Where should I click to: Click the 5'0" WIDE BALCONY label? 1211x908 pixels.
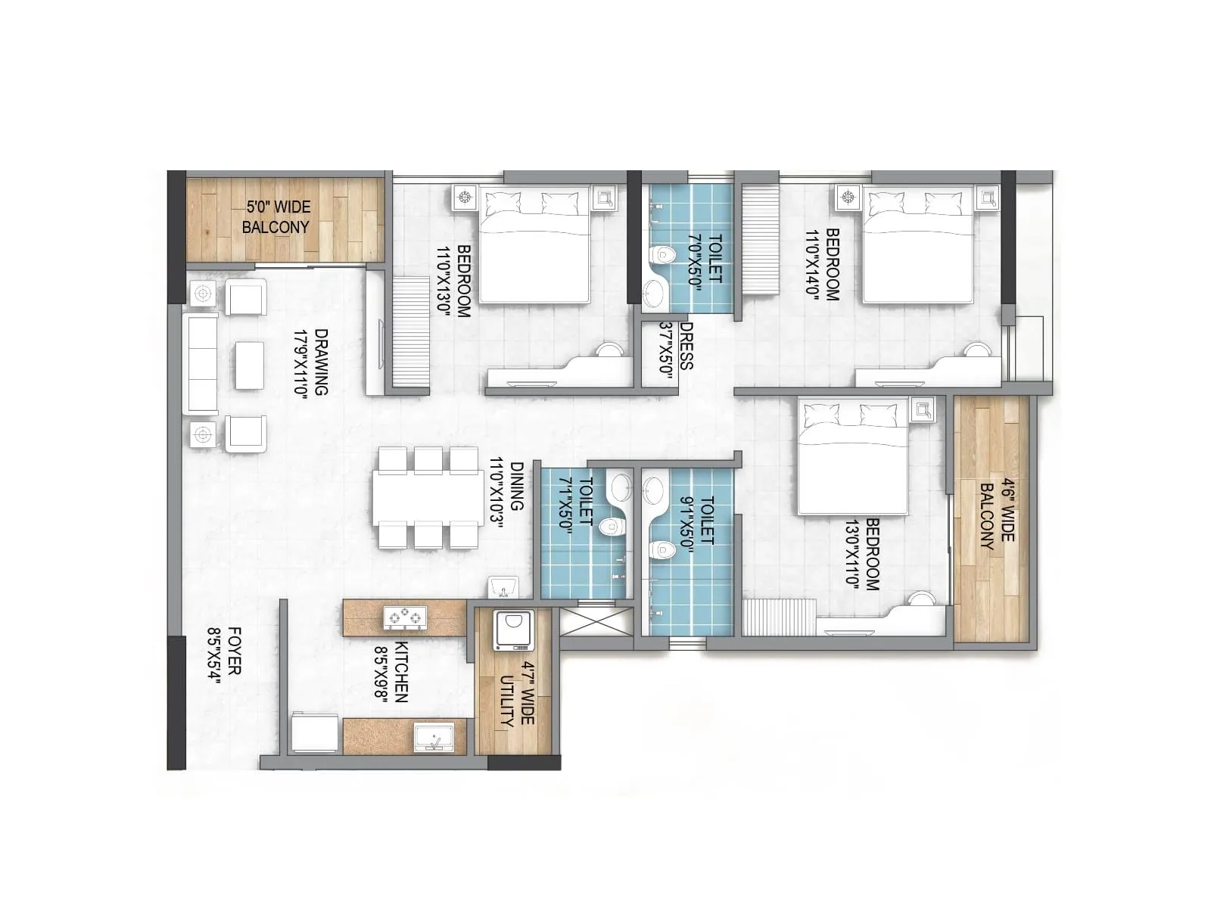pyautogui.click(x=276, y=216)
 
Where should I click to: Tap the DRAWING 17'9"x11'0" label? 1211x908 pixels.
pyautogui.click(x=310, y=362)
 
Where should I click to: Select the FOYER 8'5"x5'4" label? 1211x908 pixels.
pyautogui.click(x=225, y=655)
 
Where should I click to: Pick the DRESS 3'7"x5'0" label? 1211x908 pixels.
pyautogui.click(x=677, y=345)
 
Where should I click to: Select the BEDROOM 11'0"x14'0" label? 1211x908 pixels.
pyautogui.click(x=823, y=265)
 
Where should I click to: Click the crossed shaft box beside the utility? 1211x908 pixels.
pyautogui.click(x=596, y=622)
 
